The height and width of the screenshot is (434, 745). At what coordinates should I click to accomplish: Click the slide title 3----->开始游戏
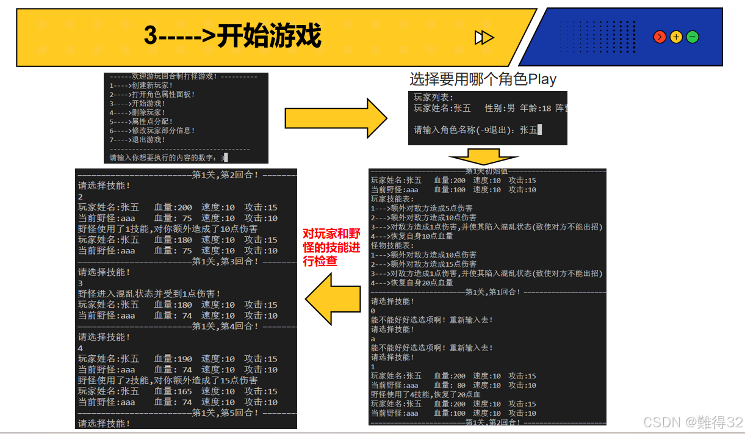[232, 37]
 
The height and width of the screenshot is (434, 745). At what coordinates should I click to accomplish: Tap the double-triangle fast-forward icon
[484, 38]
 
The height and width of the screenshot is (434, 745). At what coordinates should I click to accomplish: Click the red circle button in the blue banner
[660, 37]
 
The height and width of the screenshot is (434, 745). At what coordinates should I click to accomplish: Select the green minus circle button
[693, 37]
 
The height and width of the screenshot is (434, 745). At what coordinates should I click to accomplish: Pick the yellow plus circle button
[676, 37]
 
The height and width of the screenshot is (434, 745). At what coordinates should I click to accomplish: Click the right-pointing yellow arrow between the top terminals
[336, 117]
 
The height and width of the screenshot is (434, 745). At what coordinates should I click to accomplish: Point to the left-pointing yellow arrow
[333, 298]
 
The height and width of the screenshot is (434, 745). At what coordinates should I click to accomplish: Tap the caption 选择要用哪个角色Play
[483, 79]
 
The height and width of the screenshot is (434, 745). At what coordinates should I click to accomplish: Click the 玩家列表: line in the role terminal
[434, 97]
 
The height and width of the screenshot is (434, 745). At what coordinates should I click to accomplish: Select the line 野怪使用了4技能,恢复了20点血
[426, 394]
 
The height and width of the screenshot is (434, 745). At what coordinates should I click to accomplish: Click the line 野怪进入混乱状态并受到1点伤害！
[149, 294]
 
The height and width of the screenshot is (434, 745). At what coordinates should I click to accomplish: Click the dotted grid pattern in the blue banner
[597, 37]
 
